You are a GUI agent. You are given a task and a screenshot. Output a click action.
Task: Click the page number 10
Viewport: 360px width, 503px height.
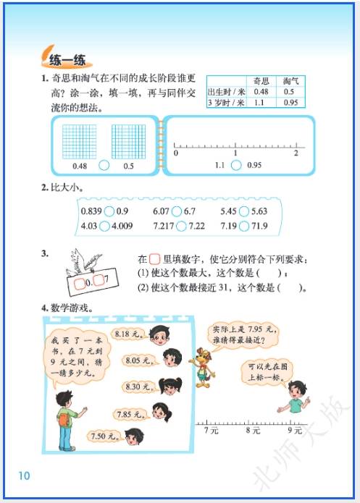[24, 475]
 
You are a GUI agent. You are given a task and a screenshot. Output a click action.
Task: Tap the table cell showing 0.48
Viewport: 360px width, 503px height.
[261, 92]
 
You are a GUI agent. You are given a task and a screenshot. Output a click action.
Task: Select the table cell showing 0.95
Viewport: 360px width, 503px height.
[290, 103]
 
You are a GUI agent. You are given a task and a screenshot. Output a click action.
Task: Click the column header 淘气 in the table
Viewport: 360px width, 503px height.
[290, 81]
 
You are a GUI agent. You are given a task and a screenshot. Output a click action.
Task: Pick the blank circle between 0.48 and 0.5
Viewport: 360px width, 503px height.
[104, 166]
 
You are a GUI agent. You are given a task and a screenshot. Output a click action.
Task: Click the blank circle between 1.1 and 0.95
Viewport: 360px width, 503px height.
[236, 165]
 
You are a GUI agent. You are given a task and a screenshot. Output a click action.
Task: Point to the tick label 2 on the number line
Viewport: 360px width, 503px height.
[296, 153]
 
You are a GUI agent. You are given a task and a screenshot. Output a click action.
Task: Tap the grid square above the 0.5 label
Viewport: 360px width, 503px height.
[128, 142]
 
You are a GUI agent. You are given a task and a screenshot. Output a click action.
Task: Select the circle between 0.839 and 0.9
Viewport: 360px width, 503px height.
[109, 211]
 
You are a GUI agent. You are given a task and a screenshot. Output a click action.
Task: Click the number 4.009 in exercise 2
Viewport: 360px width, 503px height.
[122, 226]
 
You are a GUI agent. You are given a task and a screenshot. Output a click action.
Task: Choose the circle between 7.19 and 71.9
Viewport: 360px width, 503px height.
[244, 226]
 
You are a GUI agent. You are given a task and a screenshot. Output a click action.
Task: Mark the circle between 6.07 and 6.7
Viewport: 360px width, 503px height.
[177, 211]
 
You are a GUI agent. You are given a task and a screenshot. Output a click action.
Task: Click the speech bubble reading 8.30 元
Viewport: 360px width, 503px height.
[138, 387]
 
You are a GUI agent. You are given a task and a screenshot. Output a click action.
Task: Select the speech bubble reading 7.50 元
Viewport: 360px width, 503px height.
[104, 436]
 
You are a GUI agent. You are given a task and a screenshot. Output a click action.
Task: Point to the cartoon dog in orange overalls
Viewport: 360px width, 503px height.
[202, 368]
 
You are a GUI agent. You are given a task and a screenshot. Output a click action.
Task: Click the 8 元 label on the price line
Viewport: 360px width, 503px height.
[253, 430]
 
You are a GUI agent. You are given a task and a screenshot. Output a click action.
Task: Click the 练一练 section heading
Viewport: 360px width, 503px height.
[67, 59]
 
